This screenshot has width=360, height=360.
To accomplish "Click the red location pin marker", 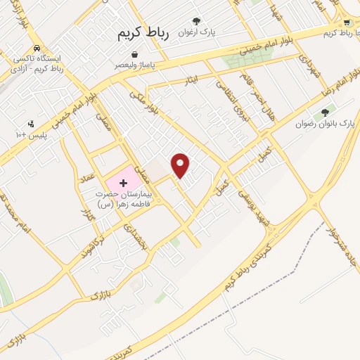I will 181,165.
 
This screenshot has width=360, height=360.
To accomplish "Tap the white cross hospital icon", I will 124,182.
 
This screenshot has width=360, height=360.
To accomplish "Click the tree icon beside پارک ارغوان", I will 196,21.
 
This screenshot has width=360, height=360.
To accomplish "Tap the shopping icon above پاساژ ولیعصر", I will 134,54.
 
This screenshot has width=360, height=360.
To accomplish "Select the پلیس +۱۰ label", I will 31,133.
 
